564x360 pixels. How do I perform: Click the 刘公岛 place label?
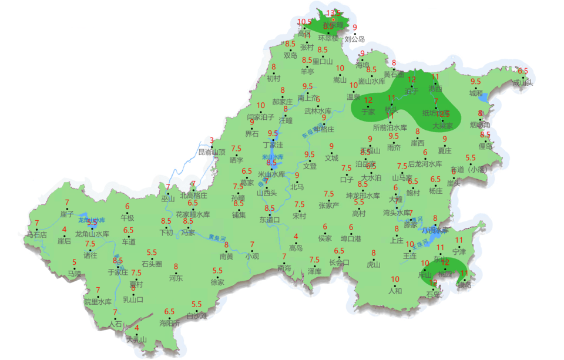click(x=354, y=39)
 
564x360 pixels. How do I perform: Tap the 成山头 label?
click(x=522, y=83)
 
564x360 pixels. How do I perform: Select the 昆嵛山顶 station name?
click(x=211, y=152)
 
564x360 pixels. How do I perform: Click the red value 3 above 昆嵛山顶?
click(x=211, y=140)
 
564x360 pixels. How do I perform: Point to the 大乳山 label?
click(x=136, y=339)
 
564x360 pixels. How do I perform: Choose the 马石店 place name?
click(x=36, y=234)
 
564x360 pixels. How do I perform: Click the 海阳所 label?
click(x=169, y=323)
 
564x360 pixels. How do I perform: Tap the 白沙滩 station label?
click(x=197, y=316)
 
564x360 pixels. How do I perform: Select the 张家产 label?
click(x=329, y=206)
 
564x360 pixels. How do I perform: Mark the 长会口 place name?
click(x=339, y=263)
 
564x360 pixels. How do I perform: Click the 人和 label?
click(x=395, y=290)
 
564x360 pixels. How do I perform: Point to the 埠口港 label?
click(x=351, y=238)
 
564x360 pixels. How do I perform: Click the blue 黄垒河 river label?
click(x=218, y=237)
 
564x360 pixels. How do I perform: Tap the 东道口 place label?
click(x=270, y=220)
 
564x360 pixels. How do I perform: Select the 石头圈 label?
click(x=152, y=264)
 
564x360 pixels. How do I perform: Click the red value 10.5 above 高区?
click(x=304, y=22)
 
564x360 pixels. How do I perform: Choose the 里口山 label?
click(x=323, y=61)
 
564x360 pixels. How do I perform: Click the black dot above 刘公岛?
click(x=354, y=33)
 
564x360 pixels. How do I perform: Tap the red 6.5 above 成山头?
click(x=522, y=71)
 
